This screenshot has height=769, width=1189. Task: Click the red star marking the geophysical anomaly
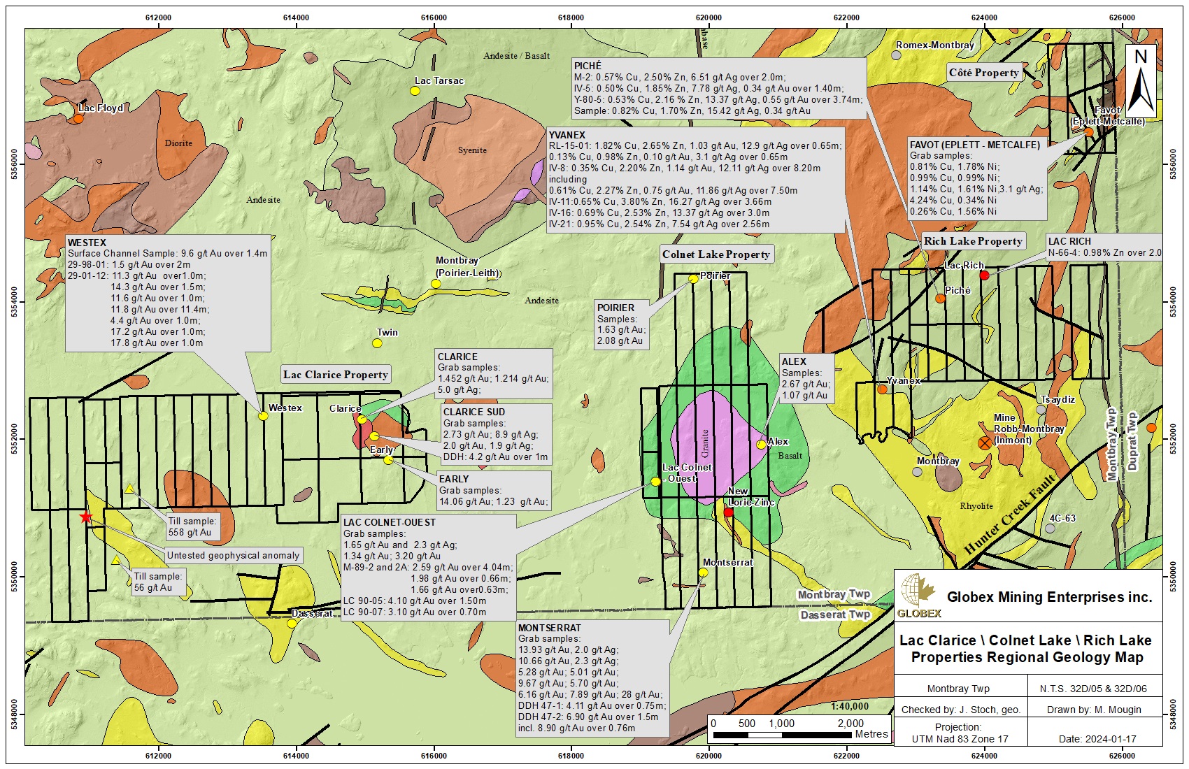click(x=85, y=517)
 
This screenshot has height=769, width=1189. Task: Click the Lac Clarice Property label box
click(x=336, y=375)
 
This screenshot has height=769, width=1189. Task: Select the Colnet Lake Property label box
click(x=715, y=254)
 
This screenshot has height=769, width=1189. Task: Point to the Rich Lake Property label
click(x=973, y=241)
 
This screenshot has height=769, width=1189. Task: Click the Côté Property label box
click(x=983, y=73)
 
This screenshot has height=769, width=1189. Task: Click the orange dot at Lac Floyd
click(x=78, y=119)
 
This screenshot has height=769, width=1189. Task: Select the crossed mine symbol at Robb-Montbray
click(x=985, y=443)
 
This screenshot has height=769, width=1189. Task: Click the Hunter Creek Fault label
click(x=1010, y=514)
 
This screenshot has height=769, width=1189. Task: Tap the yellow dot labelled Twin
click(x=377, y=343)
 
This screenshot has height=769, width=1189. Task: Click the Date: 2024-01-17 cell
click(x=1097, y=739)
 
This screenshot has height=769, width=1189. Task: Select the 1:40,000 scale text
click(x=850, y=706)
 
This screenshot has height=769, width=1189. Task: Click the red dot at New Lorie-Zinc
click(x=728, y=512)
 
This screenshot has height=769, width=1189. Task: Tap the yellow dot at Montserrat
click(x=703, y=573)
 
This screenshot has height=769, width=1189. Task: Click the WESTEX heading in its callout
click(x=87, y=242)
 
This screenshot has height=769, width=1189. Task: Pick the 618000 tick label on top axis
click(x=571, y=17)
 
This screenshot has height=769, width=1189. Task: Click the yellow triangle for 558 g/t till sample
click(x=129, y=489)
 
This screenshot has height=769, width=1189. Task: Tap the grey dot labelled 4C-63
click(x=1050, y=529)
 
